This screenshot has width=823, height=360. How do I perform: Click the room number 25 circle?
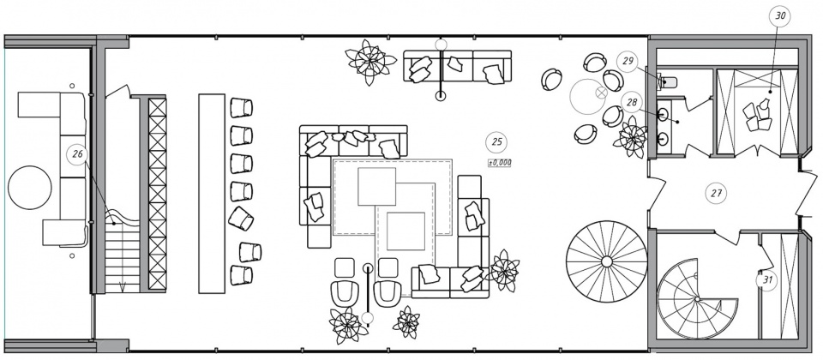click(x=496, y=141)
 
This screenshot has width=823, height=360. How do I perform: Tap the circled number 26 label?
click(x=78, y=154)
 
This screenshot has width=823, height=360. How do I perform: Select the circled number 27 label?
click(x=716, y=193)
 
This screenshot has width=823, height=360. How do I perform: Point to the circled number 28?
click(x=632, y=102)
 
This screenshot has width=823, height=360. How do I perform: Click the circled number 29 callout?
click(x=628, y=62)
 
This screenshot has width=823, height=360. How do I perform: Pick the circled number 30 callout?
click(x=780, y=16)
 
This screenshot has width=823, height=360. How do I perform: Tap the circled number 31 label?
click(x=766, y=280)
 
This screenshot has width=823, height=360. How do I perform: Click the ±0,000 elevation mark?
click(x=500, y=163)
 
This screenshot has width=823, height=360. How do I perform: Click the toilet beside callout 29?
click(x=668, y=81)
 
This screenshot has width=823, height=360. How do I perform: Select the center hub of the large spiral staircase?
click(x=607, y=261)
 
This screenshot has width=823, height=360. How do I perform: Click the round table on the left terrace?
click(x=30, y=188)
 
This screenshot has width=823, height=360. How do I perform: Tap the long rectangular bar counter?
click(x=212, y=193)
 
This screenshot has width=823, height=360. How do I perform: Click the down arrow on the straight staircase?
click(x=123, y=286)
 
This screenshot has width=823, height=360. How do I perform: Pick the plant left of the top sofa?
click(x=370, y=62)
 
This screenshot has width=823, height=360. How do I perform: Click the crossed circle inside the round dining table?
click(x=601, y=93)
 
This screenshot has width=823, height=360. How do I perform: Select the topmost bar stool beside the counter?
click(x=241, y=108)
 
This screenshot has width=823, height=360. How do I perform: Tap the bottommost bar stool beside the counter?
click(x=241, y=275)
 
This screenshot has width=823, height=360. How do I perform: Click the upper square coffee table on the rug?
click(x=377, y=186)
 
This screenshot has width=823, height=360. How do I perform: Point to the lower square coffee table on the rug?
click(x=405, y=231)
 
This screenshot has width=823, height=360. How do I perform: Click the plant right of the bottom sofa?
click(x=504, y=270)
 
